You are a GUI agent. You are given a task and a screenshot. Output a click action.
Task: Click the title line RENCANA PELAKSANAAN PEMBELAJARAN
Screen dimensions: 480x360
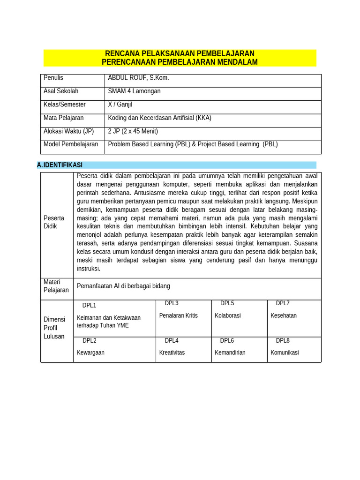(180, 53)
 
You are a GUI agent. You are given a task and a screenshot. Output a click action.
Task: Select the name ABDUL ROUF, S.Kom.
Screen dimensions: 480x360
(138, 78)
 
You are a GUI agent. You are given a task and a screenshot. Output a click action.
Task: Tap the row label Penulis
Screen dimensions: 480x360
(53, 78)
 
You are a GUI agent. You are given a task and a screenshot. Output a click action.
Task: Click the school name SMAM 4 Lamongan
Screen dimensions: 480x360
(134, 91)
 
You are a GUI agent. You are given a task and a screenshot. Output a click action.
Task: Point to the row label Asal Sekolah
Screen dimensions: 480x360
(61, 91)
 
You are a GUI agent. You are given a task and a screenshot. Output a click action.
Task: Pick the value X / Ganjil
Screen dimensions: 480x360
(120, 105)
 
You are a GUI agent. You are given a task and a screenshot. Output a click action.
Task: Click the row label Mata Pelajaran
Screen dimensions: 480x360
(64, 118)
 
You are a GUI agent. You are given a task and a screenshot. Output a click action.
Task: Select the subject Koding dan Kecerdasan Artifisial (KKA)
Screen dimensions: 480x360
(159, 118)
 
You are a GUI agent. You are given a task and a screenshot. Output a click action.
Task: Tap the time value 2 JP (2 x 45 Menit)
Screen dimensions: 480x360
(133, 131)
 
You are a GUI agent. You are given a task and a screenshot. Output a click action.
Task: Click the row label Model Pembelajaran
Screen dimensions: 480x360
(71, 144)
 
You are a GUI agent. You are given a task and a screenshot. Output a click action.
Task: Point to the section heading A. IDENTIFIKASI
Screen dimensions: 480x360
(60, 165)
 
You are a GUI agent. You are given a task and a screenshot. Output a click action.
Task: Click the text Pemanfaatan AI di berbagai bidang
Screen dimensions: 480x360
(123, 286)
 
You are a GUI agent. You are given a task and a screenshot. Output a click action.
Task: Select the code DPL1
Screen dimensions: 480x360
(89, 306)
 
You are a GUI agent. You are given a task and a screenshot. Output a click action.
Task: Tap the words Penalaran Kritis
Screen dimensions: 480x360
(178, 315)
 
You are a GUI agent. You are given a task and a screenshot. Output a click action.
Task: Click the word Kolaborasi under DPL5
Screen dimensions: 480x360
(227, 315)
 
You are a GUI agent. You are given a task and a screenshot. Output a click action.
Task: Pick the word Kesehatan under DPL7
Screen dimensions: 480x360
(284, 315)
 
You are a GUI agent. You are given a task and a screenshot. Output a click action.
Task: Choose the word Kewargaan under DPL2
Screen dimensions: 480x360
(90, 352)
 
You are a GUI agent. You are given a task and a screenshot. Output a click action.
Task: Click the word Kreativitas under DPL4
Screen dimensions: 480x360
(172, 352)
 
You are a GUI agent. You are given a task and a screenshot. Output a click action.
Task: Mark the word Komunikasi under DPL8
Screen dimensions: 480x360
(285, 352)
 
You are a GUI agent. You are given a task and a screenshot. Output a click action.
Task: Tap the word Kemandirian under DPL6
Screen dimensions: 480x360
(230, 352)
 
